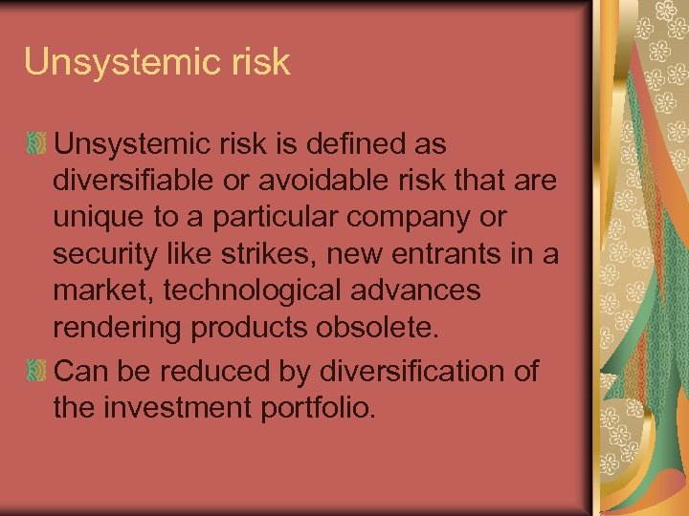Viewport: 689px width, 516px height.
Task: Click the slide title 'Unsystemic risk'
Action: tap(157, 62)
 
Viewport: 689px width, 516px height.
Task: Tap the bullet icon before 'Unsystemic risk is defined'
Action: tap(36, 145)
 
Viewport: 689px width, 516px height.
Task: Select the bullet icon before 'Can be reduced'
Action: tap(36, 371)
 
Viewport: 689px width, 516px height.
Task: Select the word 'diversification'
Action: tap(403, 370)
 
